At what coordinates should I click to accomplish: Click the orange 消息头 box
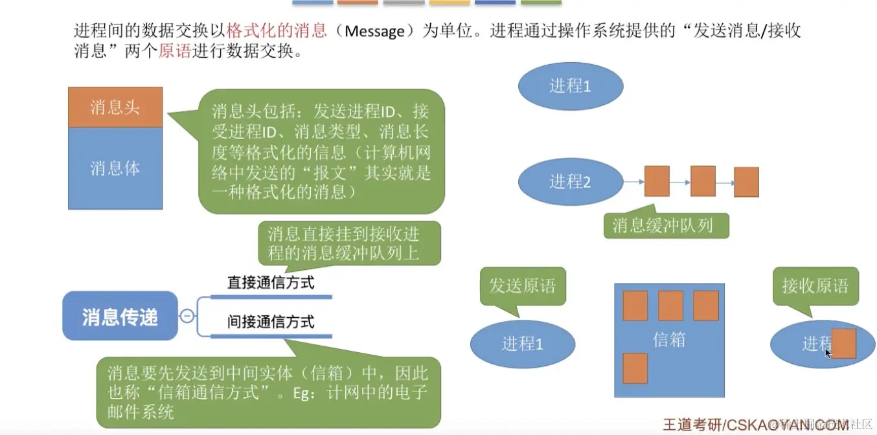pos(115,107)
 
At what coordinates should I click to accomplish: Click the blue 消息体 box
pos(115,168)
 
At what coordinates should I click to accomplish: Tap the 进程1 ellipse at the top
pos(570,85)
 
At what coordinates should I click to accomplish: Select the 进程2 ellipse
pos(570,182)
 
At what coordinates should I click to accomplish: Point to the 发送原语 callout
pos(522,285)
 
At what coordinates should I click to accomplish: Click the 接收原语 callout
pos(815,285)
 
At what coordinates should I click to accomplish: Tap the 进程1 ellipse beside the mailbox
pos(522,343)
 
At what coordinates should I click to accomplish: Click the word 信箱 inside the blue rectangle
pos(668,340)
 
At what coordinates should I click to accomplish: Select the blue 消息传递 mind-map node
pos(120,317)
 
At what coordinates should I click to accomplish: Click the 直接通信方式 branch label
pos(271,283)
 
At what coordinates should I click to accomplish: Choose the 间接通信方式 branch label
pos(271,321)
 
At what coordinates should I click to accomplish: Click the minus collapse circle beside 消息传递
pos(187,317)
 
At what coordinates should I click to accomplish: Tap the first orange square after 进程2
pos(657,181)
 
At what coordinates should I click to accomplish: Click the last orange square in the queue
pos(746,182)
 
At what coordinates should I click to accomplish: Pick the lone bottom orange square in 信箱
pos(635,368)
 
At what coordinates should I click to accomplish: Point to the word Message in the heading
pos(374,32)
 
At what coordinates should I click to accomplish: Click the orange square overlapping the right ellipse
pos(844,344)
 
